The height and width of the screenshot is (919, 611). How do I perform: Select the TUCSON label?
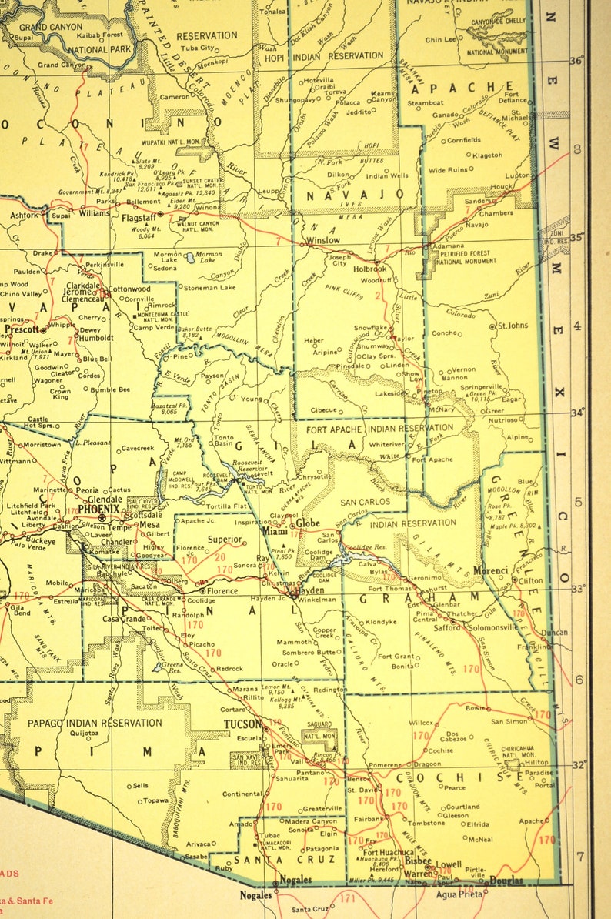pos(243,724)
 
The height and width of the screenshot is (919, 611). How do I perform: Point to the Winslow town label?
pos(323,240)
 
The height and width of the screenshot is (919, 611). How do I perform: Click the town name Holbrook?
pos(369,269)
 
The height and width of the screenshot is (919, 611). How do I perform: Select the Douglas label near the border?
pos(506,881)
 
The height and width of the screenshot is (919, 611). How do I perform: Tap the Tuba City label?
pos(198,48)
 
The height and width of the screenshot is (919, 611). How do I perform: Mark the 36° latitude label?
pos(576,62)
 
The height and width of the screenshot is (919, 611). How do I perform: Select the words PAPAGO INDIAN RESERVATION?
pos(95,723)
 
